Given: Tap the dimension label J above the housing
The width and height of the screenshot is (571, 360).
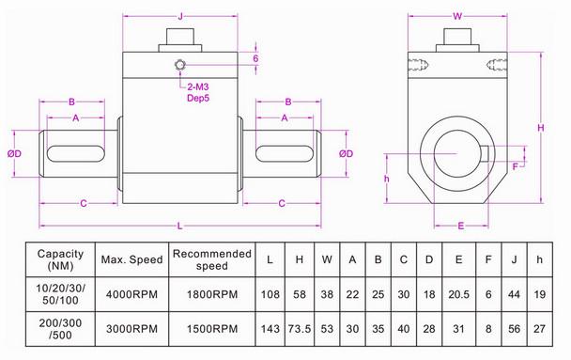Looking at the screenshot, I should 179,12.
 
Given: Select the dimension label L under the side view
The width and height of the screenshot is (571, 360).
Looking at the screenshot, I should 179,224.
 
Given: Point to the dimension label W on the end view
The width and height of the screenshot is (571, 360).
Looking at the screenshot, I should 457,15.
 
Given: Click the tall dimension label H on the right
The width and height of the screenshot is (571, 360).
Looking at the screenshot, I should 541,127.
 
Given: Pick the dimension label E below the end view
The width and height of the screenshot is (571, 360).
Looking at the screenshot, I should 460,226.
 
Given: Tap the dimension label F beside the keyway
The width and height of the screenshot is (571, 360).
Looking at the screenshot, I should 516,166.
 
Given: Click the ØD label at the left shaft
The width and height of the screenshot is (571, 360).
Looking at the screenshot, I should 14,152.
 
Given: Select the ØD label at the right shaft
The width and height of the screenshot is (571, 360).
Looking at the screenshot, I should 346,152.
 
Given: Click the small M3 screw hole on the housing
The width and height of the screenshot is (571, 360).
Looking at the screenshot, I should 178,65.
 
